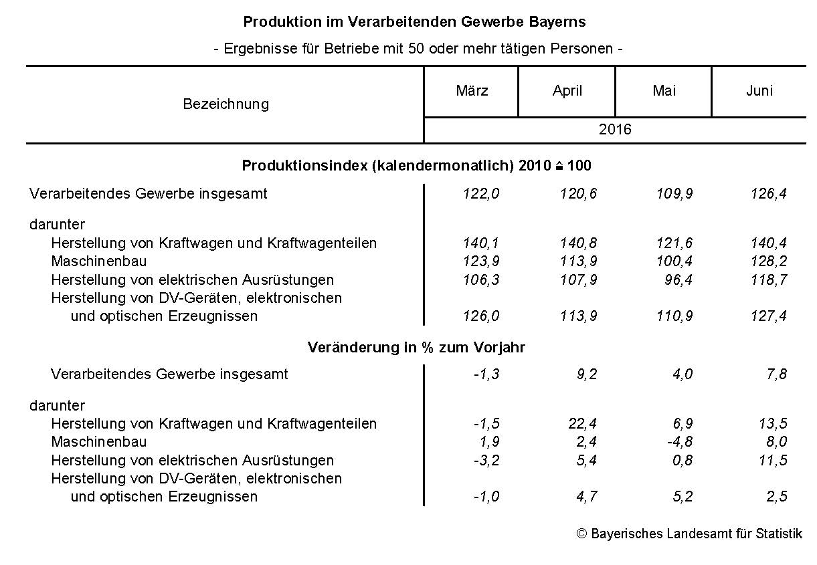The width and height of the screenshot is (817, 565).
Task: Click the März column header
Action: (x=472, y=91)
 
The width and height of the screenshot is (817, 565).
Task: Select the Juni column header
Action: (x=759, y=91)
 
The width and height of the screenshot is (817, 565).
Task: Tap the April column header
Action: (x=567, y=91)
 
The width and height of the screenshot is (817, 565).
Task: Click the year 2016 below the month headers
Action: (x=615, y=130)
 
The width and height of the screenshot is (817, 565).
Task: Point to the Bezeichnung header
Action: (x=225, y=104)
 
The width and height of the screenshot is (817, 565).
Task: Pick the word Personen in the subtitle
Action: (x=585, y=49)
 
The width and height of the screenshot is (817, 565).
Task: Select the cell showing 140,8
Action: (x=578, y=243)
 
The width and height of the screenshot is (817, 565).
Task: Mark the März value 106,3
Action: (x=481, y=279)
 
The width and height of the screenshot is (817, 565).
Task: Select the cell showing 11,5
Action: (x=772, y=460)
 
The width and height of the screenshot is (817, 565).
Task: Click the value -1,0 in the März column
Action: (x=486, y=496)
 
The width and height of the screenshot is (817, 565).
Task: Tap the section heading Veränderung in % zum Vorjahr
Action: (x=416, y=348)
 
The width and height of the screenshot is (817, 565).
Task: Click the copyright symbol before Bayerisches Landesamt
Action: (x=581, y=534)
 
